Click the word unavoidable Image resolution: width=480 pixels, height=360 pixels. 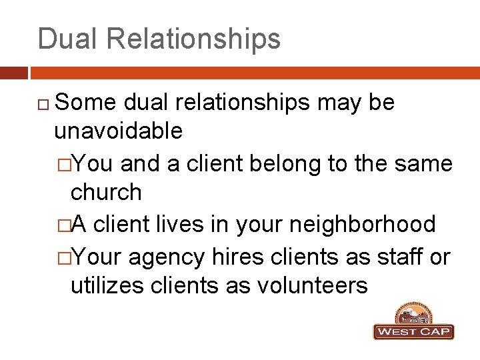click(118, 131)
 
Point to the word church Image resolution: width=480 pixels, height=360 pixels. click(106, 192)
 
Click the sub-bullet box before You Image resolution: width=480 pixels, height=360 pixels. click(63, 164)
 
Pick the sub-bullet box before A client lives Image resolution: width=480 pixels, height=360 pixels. click(63, 225)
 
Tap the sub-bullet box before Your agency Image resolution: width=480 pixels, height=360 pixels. click(63, 257)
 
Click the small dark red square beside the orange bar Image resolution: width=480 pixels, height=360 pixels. click(14, 73)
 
